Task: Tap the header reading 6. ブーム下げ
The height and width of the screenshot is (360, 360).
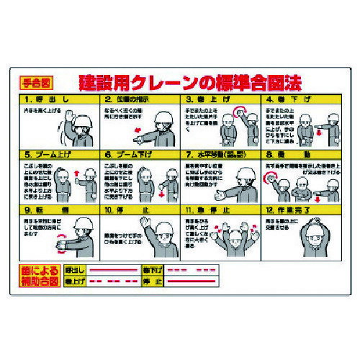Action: click(x=141, y=153)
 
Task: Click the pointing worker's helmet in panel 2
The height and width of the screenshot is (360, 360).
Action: click(x=160, y=114)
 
